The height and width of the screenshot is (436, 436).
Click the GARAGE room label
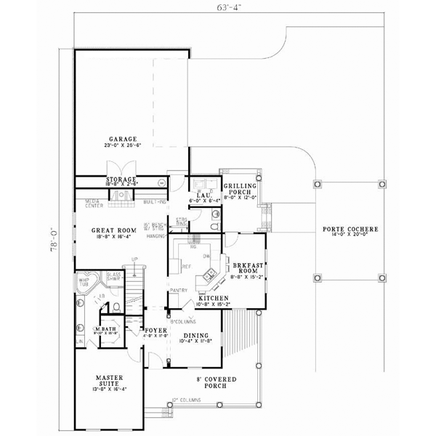pyautogui.click(x=120, y=138)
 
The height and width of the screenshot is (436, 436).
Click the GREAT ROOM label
pyautogui.click(x=110, y=230)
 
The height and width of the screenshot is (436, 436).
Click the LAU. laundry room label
pyautogui.click(x=198, y=195)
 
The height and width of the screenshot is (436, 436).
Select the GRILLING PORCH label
pyautogui.click(x=241, y=187)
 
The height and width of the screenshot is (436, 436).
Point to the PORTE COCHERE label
pyautogui.click(x=350, y=230)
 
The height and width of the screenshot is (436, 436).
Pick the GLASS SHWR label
pyautogui.click(x=113, y=276)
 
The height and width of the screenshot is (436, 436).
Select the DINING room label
pyautogui.click(x=195, y=336)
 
